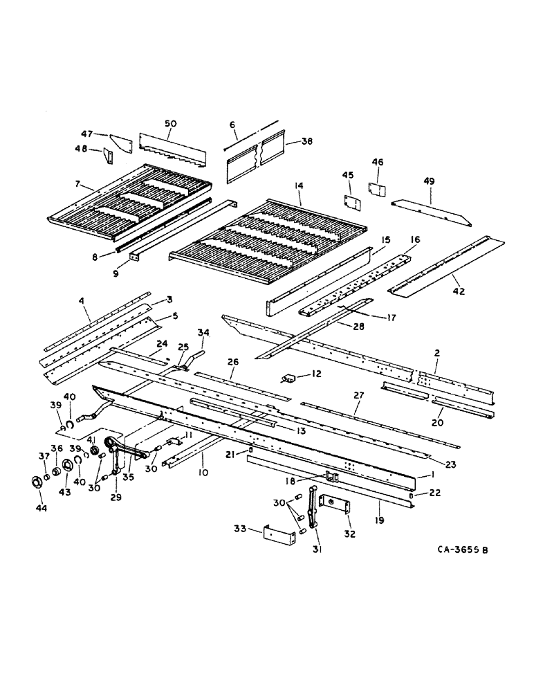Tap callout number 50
[x=170, y=123]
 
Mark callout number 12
[x=317, y=374]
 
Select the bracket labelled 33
[x=280, y=540]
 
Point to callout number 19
[x=379, y=516]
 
